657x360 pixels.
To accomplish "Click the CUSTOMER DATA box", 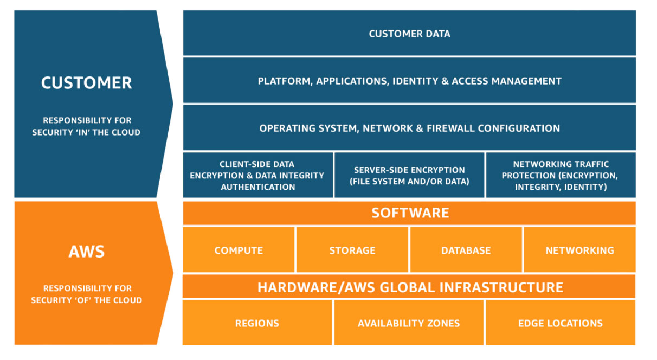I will click(409, 34).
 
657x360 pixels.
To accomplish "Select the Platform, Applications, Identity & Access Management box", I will click(409, 81).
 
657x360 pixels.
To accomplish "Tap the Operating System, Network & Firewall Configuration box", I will click(409, 128).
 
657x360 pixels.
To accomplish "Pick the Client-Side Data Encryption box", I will click(258, 175).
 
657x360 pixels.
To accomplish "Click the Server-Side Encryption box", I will click(409, 175).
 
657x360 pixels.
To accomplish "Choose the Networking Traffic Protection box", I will click(560, 175).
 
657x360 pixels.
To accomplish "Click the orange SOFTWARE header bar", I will click(409, 213).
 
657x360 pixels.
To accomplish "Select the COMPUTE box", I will click(239, 250).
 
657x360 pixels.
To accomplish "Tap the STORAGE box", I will click(352, 250).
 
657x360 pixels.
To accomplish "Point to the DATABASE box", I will click(466, 250).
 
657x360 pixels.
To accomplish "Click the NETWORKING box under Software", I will click(579, 250).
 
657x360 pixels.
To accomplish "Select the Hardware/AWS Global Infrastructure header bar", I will click(409, 287).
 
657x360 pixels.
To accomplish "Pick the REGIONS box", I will click(257, 323).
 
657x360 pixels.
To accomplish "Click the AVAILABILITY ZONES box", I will click(409, 323).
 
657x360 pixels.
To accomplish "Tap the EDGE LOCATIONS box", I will click(560, 323).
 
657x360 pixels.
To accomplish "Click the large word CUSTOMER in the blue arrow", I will click(86, 83).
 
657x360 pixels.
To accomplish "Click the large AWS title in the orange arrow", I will click(87, 252).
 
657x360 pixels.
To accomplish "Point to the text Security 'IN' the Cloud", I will click(86, 132).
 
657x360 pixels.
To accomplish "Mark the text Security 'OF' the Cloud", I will click(86, 300).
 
